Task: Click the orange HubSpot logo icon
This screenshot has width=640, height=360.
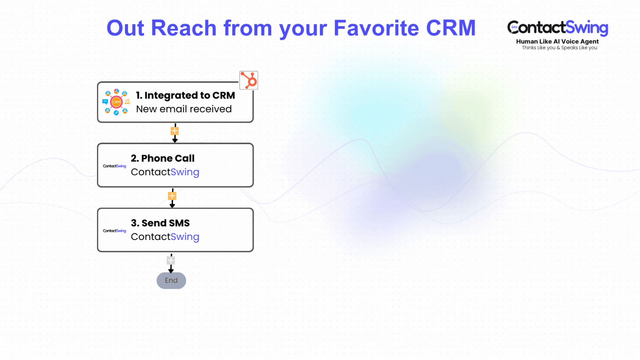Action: click(x=249, y=80)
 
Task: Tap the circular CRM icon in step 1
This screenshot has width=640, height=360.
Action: click(x=116, y=102)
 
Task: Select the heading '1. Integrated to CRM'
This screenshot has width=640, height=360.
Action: click(x=185, y=95)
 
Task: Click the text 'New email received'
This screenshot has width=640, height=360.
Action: click(x=184, y=109)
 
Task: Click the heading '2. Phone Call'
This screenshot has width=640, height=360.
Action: click(x=163, y=158)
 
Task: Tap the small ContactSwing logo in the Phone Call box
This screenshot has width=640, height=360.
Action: click(x=114, y=166)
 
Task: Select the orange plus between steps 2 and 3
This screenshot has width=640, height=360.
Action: click(x=172, y=196)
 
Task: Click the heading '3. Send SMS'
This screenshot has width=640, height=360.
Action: click(x=160, y=223)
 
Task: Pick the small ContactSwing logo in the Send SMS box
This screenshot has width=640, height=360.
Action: click(x=114, y=231)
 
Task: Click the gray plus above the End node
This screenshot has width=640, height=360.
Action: click(x=171, y=260)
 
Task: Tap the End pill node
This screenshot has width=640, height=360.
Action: click(x=171, y=280)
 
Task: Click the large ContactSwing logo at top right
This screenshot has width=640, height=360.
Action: click(x=558, y=28)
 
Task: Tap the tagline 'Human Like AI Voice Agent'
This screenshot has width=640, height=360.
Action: click(x=557, y=42)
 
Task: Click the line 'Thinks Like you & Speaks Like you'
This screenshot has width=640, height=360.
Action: click(x=559, y=48)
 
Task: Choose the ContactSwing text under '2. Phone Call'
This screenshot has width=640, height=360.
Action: click(x=165, y=172)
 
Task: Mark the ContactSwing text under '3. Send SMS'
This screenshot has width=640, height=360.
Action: click(x=165, y=237)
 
